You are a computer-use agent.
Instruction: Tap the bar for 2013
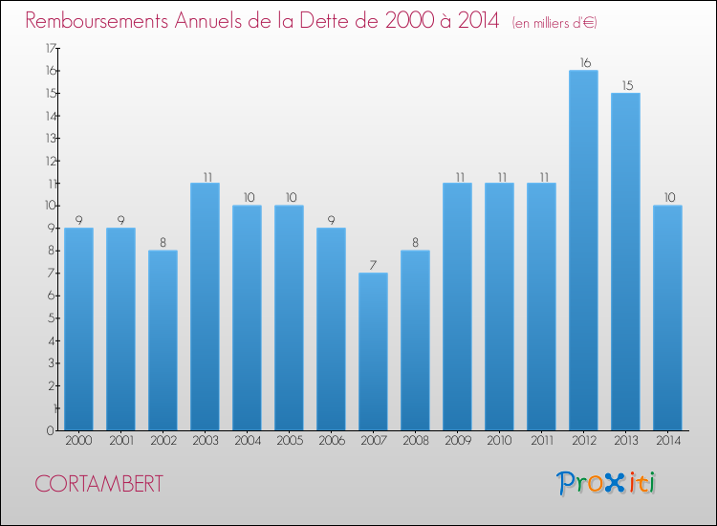tap(625, 262)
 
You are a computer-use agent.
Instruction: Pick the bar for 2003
tap(205, 307)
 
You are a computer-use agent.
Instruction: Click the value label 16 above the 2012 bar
tap(583, 63)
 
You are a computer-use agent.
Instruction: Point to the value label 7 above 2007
tap(373, 266)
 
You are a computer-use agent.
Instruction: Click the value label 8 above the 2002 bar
tap(163, 243)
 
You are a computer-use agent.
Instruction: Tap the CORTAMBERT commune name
tap(96, 484)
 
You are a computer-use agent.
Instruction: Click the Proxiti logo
tap(606, 483)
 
